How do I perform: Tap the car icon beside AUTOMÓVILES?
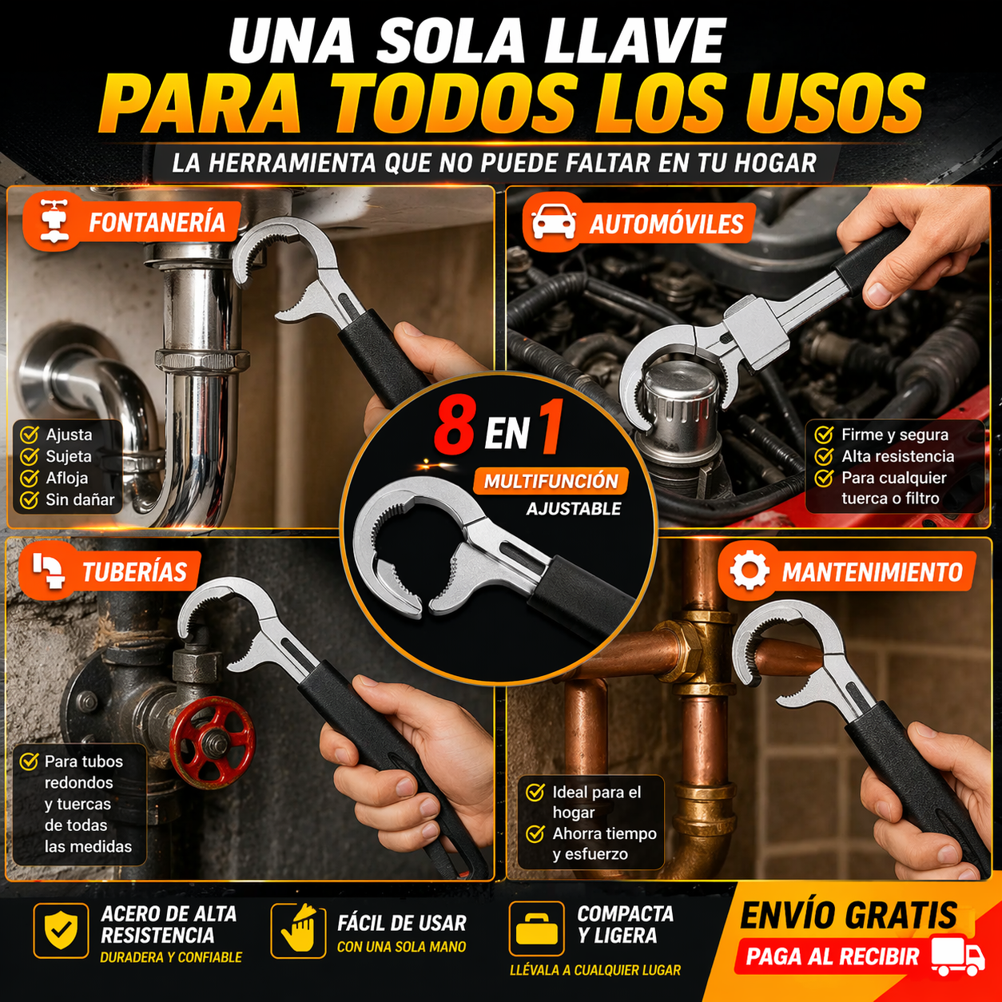553,222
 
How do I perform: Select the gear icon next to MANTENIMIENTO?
749,571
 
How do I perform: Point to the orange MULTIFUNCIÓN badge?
551,481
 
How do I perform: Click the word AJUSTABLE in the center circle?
574,508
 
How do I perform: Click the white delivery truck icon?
956,956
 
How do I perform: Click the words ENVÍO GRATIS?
849,915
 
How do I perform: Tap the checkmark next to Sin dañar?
29,499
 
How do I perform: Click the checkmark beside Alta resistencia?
824,456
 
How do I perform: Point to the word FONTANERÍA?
157,222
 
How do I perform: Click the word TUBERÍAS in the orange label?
134,571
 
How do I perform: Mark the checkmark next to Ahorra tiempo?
535,833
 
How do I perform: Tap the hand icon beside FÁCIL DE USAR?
299,929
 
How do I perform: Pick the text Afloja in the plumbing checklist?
66,478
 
